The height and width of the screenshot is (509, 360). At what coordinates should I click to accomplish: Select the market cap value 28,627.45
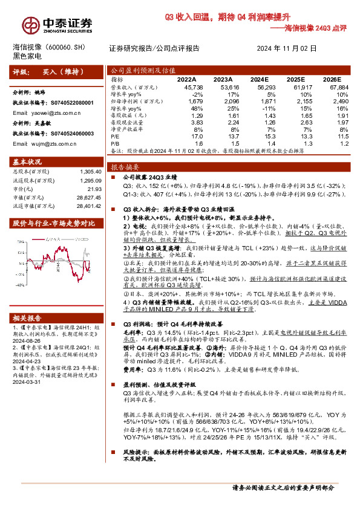[88, 198]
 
